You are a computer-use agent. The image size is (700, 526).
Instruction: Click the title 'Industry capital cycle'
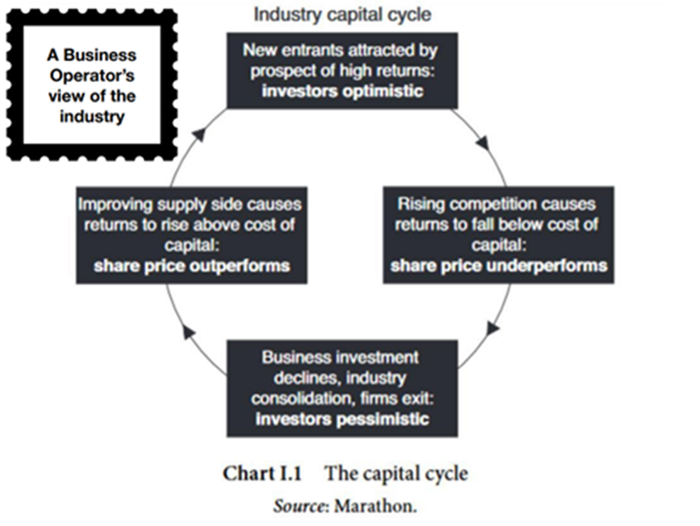click(x=342, y=14)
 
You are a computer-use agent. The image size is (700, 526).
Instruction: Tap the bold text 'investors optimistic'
click(x=342, y=90)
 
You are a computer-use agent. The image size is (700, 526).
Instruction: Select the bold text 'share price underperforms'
click(x=498, y=265)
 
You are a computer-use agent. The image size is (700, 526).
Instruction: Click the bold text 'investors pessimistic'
click(x=343, y=417)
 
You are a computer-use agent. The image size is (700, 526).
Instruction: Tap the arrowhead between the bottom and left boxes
click(x=188, y=332)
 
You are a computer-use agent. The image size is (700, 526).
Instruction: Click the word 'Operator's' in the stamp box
click(x=91, y=76)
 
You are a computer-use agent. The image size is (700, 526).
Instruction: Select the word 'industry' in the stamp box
click(x=91, y=116)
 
